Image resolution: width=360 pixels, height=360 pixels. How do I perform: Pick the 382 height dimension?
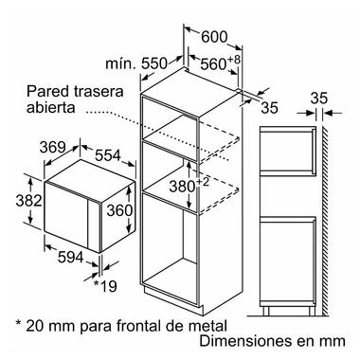coord(18,201)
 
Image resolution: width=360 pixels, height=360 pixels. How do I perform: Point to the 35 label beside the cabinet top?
coord(271,107)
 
